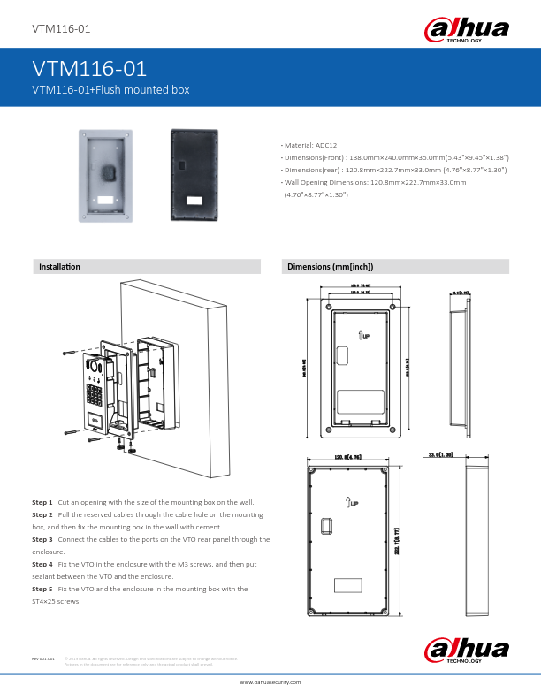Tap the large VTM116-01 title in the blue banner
pyautogui.click(x=89, y=69)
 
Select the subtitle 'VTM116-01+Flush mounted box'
pyautogui.click(x=110, y=89)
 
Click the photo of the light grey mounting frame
pyautogui.click(x=108, y=173)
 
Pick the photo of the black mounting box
pyautogui.click(x=196, y=173)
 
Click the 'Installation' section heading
pyautogui.click(x=59, y=266)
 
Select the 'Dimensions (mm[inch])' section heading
pyautogui.click(x=330, y=266)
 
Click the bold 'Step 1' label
pyautogui.click(x=42, y=501)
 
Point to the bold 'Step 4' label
pyautogui.click(x=42, y=563)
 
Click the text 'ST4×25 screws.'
pyautogui.click(x=57, y=601)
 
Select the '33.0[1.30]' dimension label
pyautogui.click(x=440, y=454)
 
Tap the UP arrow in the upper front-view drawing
pyautogui.click(x=363, y=334)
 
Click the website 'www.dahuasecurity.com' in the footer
pyautogui.click(x=270, y=682)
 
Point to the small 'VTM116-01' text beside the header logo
pyautogui.click(x=61, y=29)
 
